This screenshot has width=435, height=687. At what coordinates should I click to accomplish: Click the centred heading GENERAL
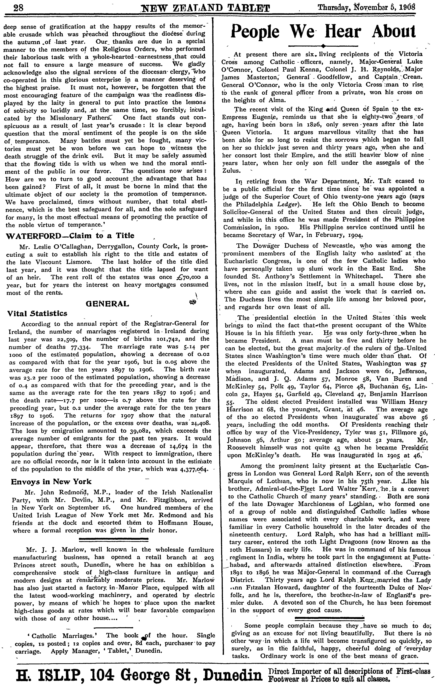[107, 304]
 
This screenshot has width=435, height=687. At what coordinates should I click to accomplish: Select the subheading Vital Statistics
[37, 313]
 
